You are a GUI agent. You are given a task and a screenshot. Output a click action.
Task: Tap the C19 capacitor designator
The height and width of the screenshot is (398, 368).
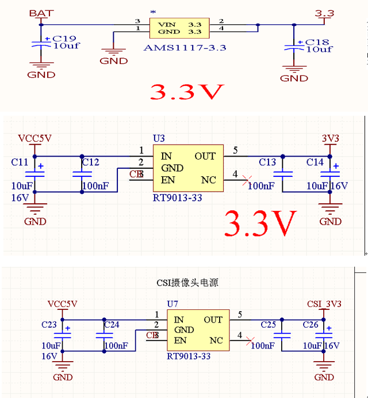[x=64, y=38]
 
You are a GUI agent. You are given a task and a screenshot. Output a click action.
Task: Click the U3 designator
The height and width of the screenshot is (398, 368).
[x=159, y=139]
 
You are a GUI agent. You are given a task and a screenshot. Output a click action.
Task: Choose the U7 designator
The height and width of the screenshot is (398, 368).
[x=172, y=304]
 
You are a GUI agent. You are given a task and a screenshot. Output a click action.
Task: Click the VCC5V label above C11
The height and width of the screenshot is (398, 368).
[x=34, y=138]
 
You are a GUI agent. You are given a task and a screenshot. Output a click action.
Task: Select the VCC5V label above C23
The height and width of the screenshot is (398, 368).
[x=62, y=304]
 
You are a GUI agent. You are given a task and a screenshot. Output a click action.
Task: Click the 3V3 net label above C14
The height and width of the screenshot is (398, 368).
[x=330, y=138]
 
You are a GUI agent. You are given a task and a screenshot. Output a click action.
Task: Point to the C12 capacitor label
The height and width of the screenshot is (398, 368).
[x=90, y=162]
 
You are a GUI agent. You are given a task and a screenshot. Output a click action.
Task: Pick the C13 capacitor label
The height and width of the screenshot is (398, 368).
[x=267, y=162]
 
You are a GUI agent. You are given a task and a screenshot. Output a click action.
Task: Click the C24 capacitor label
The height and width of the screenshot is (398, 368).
[x=112, y=325]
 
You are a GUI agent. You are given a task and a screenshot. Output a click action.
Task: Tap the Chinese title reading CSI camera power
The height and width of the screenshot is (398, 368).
[x=187, y=283]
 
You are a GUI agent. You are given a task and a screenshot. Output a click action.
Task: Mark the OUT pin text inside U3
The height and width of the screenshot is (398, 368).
[x=205, y=156]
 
